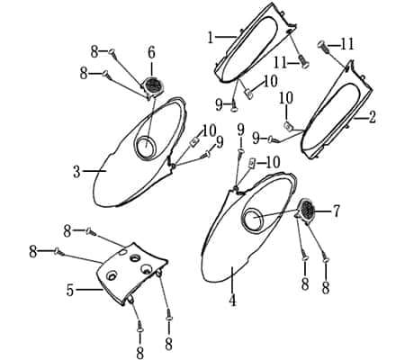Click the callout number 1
(211, 38)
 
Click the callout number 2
(372, 117)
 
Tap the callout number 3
(76, 172)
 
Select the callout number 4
(232, 301)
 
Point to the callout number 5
(70, 291)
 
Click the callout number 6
(151, 53)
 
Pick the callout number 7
(337, 211)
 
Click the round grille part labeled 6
(154, 86)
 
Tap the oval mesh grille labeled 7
(306, 210)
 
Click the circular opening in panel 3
(146, 147)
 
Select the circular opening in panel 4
(254, 218)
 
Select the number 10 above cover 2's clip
(287, 98)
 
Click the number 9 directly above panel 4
(240, 130)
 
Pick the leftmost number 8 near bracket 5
(33, 252)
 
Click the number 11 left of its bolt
(281, 63)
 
